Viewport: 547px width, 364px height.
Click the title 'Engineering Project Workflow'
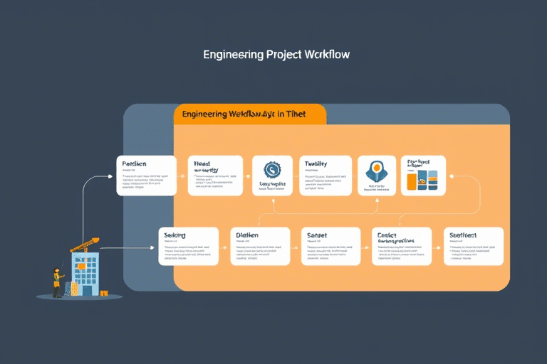click(276, 54)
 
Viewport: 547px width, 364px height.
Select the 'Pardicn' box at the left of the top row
click(146, 176)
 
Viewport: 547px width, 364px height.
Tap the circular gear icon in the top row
click(272, 169)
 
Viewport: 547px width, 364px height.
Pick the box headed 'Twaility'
click(325, 176)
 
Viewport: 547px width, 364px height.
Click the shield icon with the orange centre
click(376, 171)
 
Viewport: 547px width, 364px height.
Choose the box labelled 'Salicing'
click(187, 246)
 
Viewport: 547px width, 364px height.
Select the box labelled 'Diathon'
click(260, 246)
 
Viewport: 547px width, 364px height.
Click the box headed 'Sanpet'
click(330, 246)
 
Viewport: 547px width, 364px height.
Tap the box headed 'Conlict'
click(402, 246)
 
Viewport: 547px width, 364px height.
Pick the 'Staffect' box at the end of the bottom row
click(474, 246)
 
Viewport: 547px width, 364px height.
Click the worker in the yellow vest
click(58, 282)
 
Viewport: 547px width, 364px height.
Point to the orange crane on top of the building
click(86, 244)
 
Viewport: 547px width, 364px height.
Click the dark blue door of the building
click(87, 290)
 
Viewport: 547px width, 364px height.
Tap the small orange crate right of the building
click(104, 293)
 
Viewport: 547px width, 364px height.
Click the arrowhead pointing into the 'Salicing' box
click(153, 247)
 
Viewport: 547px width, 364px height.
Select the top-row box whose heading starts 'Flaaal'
click(214, 176)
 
